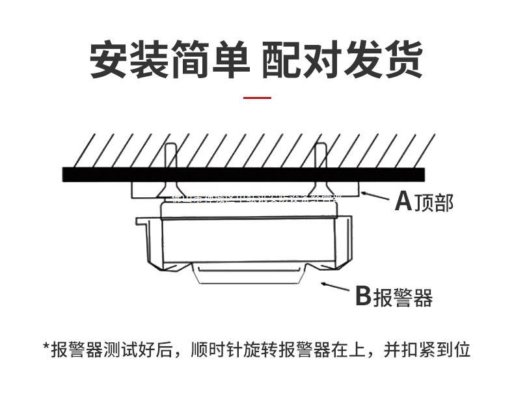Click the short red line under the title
(x=257, y=98)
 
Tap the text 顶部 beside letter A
(x=433, y=203)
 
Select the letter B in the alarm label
(x=362, y=297)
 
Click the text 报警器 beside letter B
(x=403, y=297)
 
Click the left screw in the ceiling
(x=170, y=169)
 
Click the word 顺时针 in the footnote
(x=217, y=350)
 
